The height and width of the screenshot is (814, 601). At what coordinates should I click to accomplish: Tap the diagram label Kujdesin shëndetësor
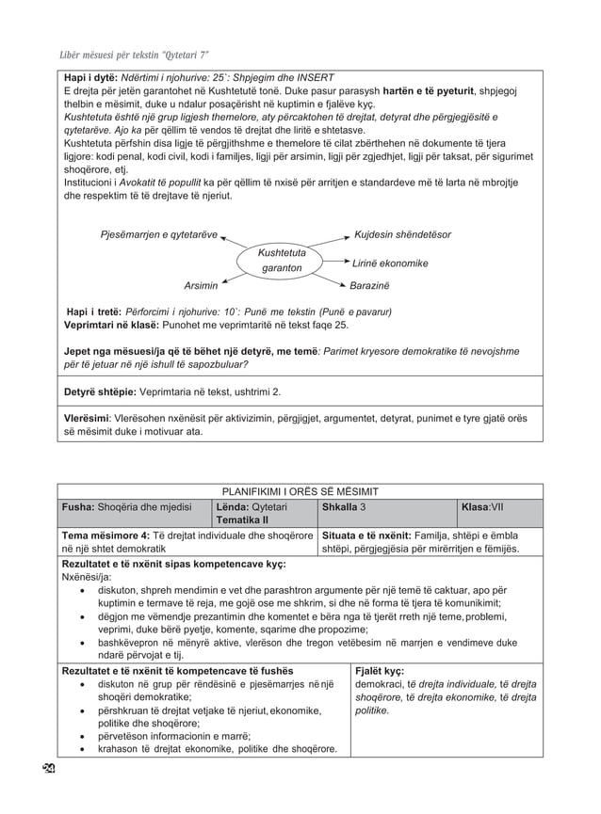pos(402,233)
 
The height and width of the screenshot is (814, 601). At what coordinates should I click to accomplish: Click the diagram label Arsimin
pos(201,285)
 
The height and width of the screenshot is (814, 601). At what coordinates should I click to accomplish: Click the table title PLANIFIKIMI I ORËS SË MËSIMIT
pos(300,491)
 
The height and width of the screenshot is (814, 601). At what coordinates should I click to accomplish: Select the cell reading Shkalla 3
pos(344,506)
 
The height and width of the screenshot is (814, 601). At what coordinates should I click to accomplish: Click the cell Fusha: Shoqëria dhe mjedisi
pos(126,506)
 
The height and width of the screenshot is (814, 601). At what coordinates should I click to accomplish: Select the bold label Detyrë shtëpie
pos(98,391)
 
